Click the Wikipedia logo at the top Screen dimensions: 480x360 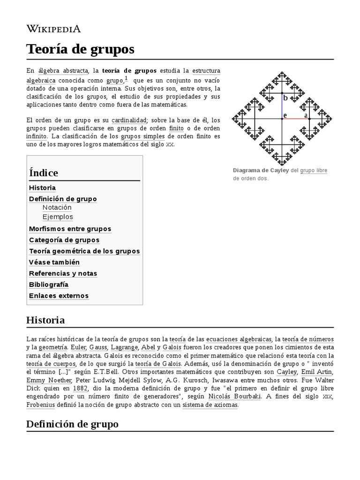click(x=53, y=29)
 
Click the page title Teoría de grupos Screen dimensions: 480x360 click(x=80, y=49)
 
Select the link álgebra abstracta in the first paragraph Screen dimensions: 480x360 click(x=63, y=71)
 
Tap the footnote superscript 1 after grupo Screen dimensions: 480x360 click(x=126, y=78)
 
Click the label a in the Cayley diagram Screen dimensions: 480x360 click(x=306, y=115)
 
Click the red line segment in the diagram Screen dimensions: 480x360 click(x=295, y=119)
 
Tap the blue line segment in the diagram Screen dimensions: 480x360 click(x=282, y=106)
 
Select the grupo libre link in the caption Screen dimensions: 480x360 click(x=313, y=171)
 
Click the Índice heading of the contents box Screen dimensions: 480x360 click(x=44, y=172)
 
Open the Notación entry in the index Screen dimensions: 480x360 click(x=57, y=207)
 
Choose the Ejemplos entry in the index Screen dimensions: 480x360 click(x=58, y=217)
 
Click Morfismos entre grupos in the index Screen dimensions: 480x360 click(x=70, y=229)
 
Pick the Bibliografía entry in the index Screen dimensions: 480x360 click(x=49, y=285)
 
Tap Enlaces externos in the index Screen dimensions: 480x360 click(x=59, y=296)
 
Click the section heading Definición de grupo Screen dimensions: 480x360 click(x=72, y=424)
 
